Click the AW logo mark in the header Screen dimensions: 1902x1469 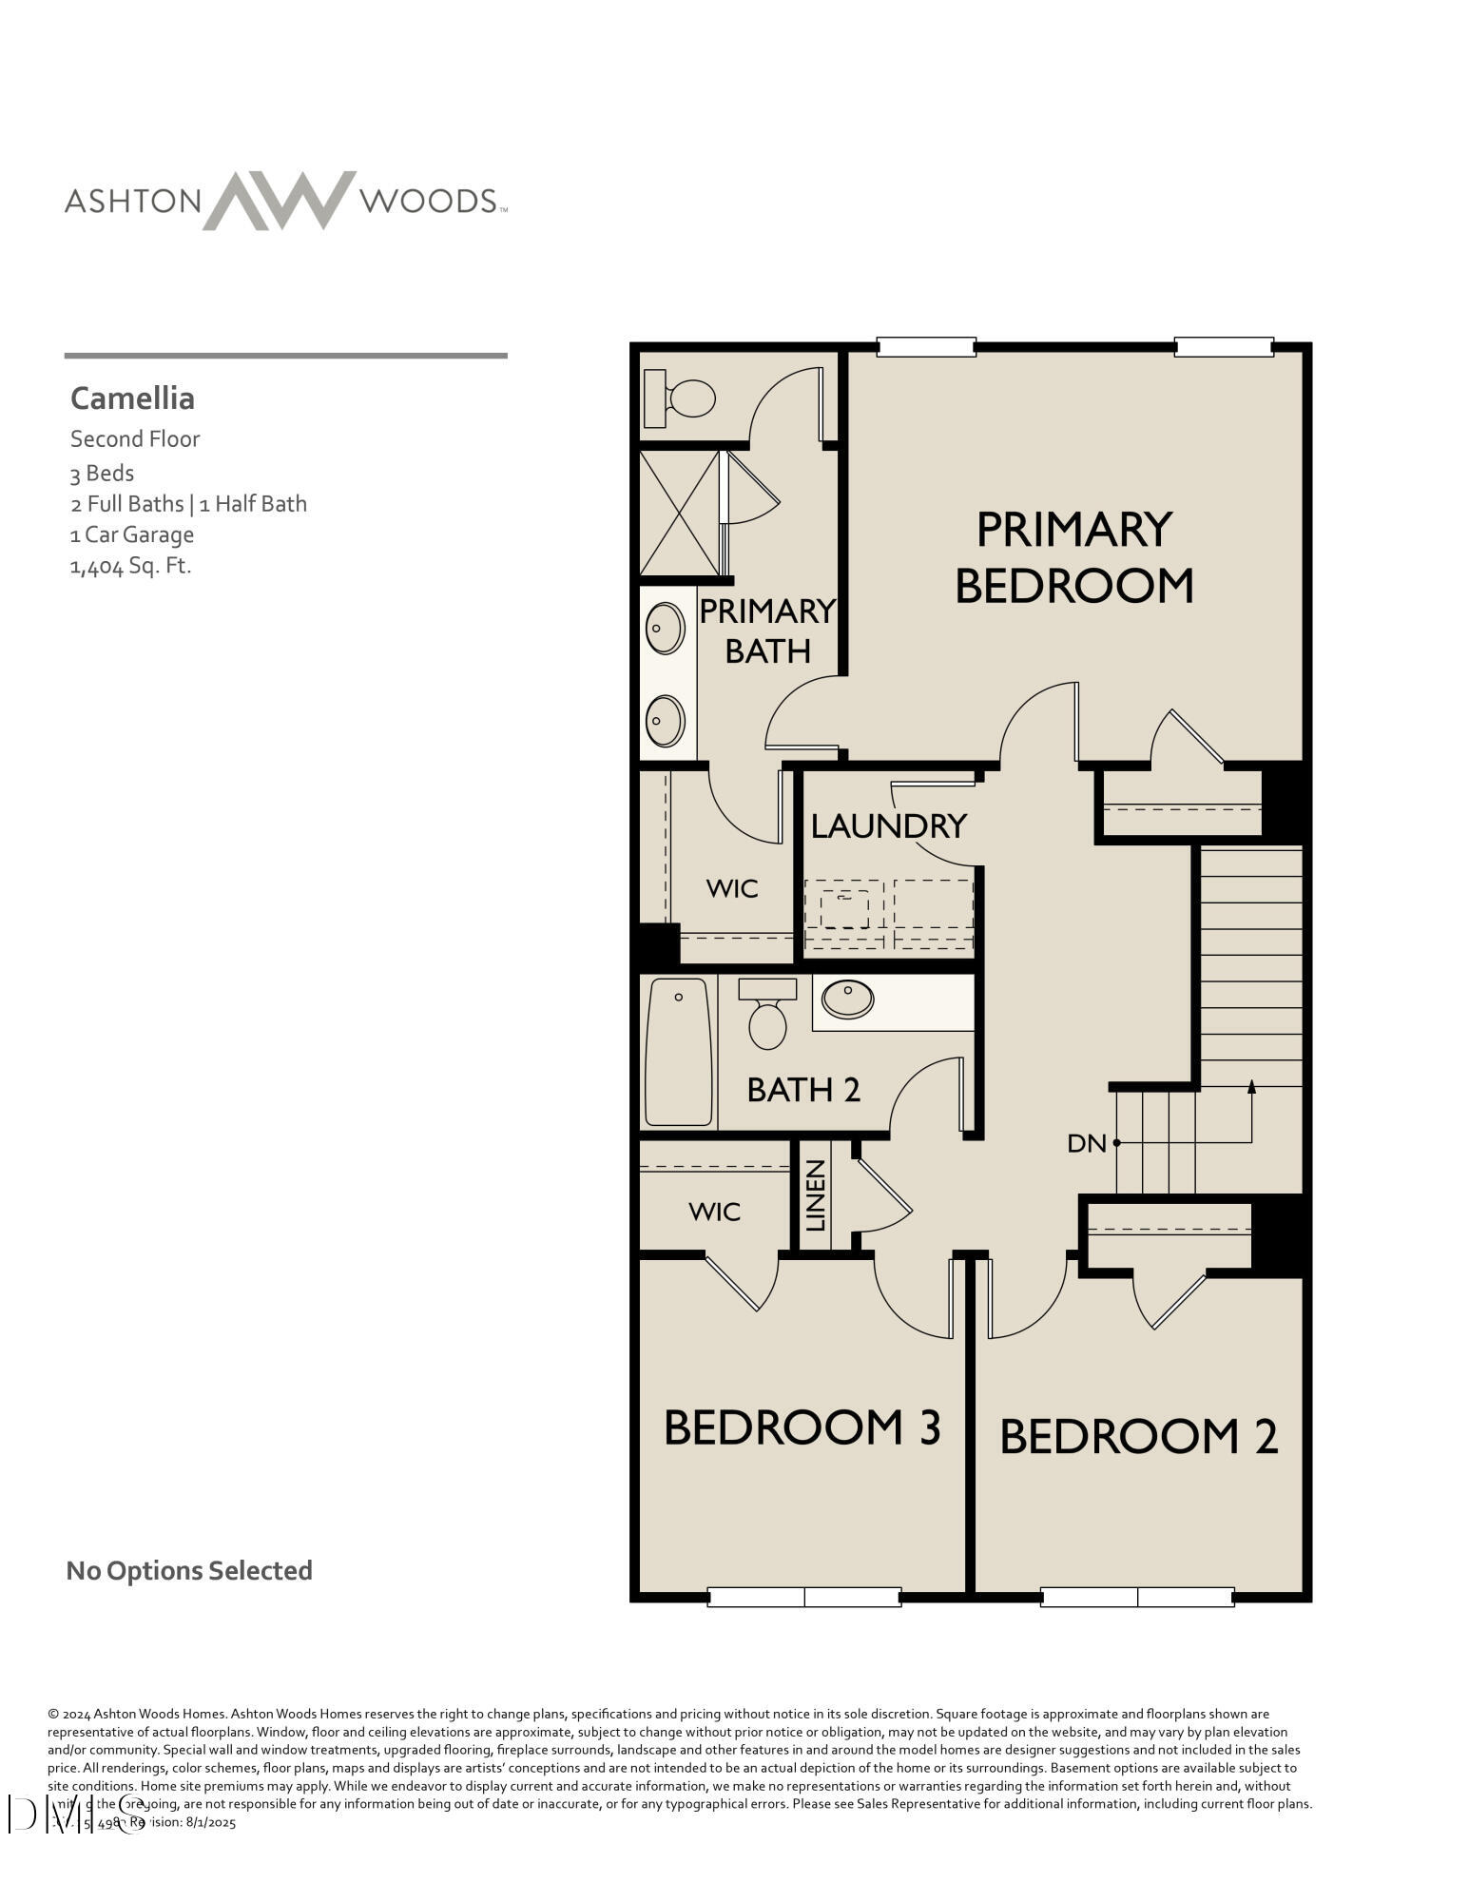279,200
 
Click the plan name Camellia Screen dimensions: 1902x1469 132,398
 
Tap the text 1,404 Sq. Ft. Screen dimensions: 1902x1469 130,566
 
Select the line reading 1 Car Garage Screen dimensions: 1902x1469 131,534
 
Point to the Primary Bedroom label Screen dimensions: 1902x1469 1073,557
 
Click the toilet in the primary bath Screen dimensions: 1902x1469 681,398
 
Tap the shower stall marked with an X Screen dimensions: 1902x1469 679,513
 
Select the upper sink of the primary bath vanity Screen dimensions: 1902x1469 665,629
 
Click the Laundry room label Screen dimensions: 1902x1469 888,825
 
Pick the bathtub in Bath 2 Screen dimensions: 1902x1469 678,1052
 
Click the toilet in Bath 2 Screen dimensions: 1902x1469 767,1016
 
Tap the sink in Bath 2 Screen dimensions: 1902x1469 846,999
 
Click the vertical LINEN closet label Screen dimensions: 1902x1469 816,1195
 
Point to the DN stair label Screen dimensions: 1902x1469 1087,1143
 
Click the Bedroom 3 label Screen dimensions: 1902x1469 802,1427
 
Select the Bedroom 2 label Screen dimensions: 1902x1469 1138,1436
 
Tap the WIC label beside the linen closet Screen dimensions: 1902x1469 714,1212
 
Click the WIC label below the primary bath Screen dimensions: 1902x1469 732,888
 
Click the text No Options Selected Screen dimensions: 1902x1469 189,1570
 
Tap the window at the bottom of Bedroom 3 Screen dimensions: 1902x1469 804,1597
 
